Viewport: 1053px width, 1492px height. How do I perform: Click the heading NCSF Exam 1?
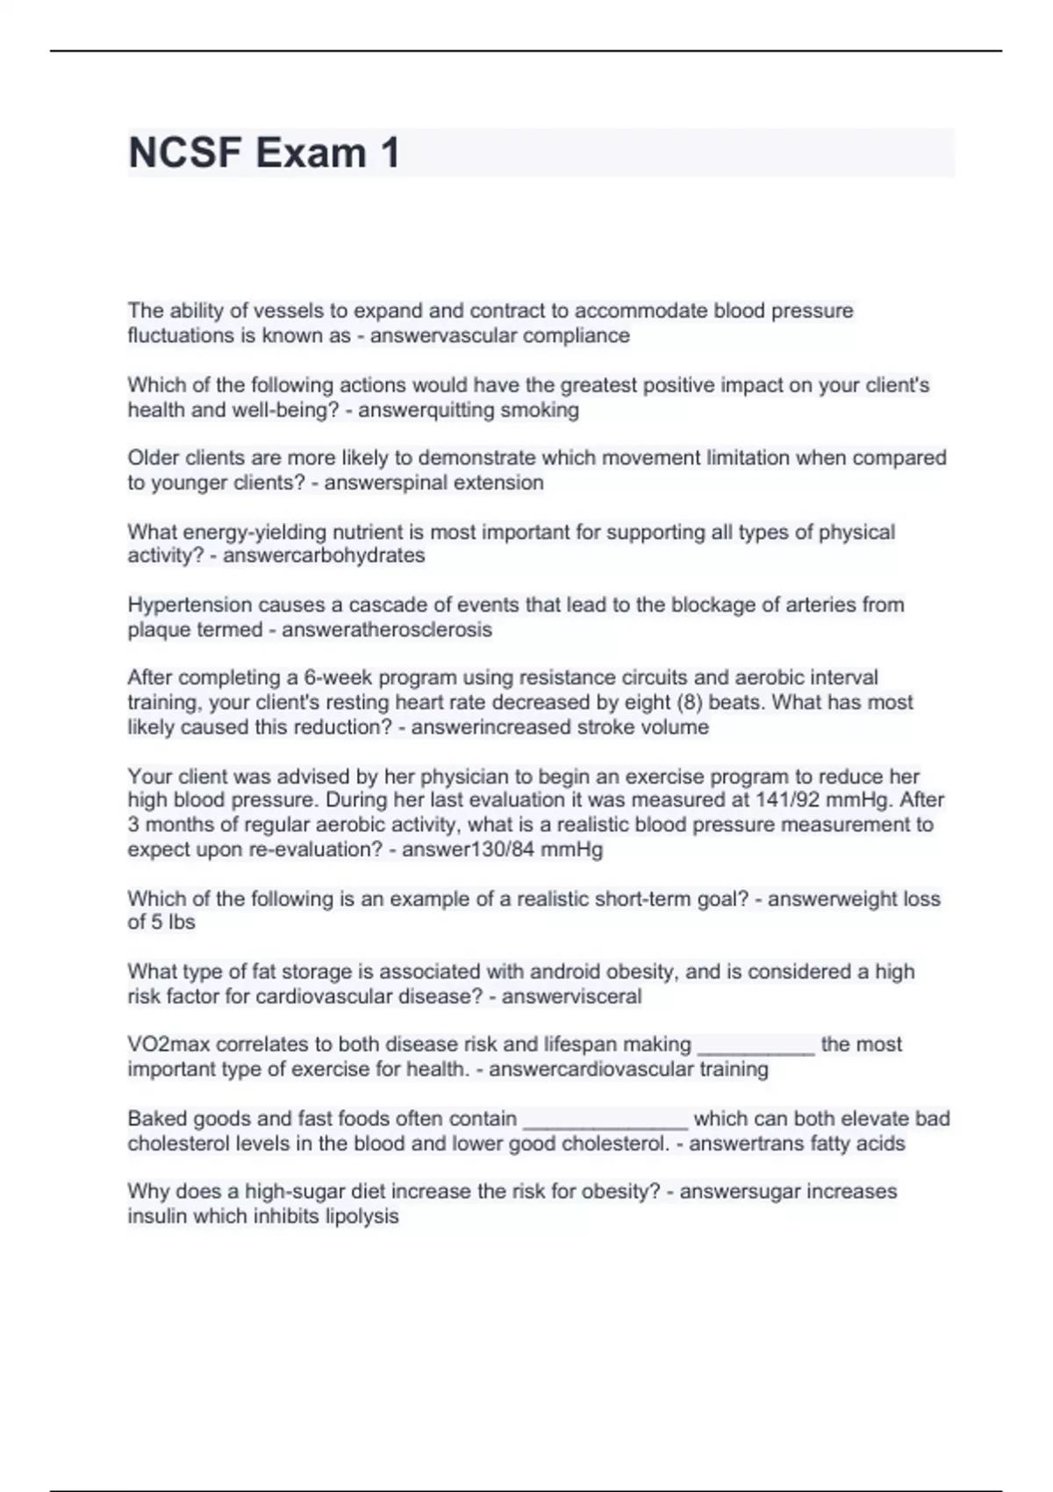point(264,153)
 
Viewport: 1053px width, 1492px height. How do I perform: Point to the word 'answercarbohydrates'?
point(324,556)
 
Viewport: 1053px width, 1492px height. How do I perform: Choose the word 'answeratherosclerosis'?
point(387,629)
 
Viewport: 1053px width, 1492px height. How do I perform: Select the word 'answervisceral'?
point(571,996)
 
